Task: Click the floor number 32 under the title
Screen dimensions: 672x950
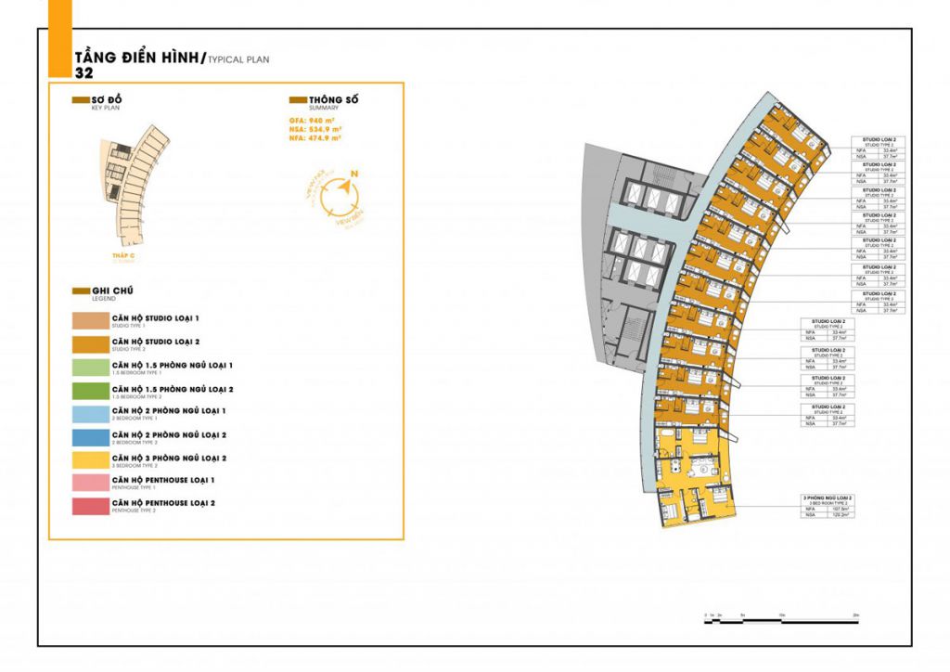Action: click(83, 71)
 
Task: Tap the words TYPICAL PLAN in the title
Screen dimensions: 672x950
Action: click(238, 58)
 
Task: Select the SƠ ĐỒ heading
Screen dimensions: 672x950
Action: click(107, 99)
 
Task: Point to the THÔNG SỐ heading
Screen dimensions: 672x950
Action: click(333, 99)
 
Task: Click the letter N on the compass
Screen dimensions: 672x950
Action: click(354, 174)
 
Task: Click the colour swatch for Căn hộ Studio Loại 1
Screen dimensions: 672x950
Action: click(90, 322)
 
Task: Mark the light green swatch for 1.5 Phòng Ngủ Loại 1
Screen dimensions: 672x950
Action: click(90, 368)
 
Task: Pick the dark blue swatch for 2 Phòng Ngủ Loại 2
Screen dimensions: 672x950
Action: click(90, 437)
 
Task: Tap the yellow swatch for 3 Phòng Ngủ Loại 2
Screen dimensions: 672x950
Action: click(90, 460)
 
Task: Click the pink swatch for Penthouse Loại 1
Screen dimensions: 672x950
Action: click(90, 483)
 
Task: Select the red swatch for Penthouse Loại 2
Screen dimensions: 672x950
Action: click(90, 506)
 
